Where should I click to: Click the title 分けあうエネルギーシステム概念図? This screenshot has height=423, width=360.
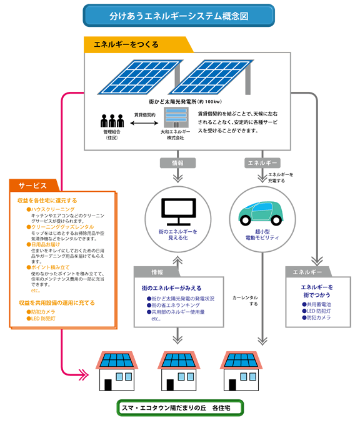tap(179, 14)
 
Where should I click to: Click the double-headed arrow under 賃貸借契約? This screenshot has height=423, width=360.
tap(144, 123)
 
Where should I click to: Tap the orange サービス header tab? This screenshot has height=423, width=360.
tap(32, 186)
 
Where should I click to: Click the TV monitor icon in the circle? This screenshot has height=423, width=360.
tap(175, 213)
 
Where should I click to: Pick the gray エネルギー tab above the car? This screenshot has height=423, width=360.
tap(262, 162)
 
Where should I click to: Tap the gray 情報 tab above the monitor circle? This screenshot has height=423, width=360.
tap(176, 162)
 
